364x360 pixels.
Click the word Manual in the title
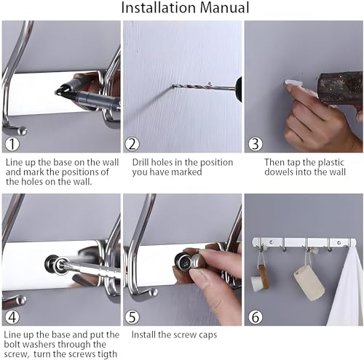225,7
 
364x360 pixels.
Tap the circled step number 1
12,144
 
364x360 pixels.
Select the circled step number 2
132,144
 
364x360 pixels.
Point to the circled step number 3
256,144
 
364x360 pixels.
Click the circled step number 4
12,316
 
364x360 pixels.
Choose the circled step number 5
132,316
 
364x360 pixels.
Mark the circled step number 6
256,316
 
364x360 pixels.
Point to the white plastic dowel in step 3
293,82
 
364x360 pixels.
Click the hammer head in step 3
340,87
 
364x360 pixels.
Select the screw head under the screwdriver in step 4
60,265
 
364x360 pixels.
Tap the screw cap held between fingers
197,261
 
